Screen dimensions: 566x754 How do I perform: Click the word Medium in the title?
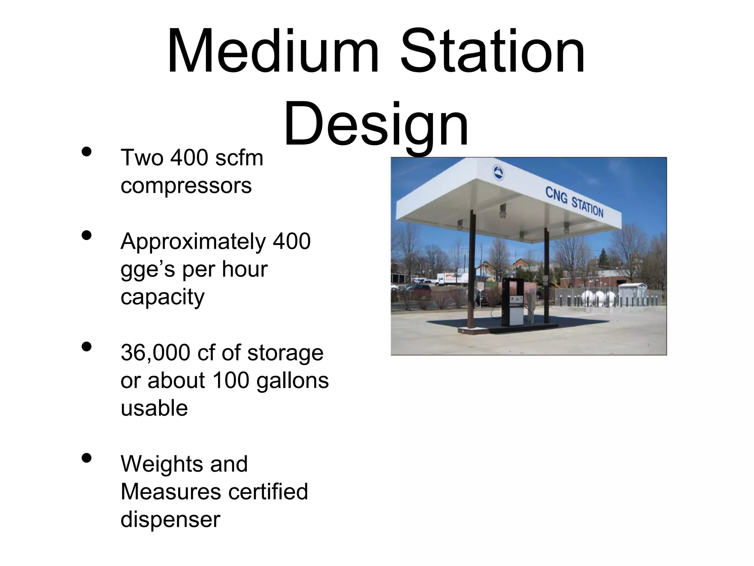tap(272, 52)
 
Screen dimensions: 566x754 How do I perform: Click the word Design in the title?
tap(376, 123)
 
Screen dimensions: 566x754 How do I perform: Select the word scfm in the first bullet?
tap(239, 158)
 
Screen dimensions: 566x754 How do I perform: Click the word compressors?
tap(186, 185)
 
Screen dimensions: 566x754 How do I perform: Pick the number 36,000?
tap(155, 353)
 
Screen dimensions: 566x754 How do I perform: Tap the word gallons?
tap(292, 380)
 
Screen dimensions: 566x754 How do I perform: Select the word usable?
tap(154, 408)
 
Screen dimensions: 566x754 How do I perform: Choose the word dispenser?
tap(170, 520)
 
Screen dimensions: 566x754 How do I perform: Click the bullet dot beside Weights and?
tap(87, 458)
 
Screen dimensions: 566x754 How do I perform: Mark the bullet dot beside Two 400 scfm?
tap(87, 152)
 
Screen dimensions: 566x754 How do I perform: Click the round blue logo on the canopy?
tap(498, 173)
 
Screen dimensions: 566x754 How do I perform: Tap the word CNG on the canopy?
tap(556, 195)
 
